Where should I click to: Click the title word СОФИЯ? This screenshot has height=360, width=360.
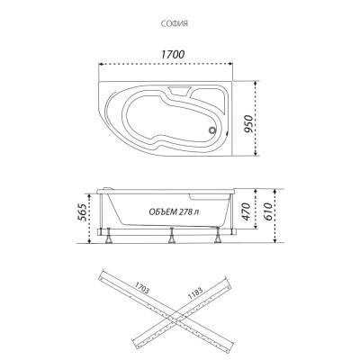[x=179, y=25]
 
